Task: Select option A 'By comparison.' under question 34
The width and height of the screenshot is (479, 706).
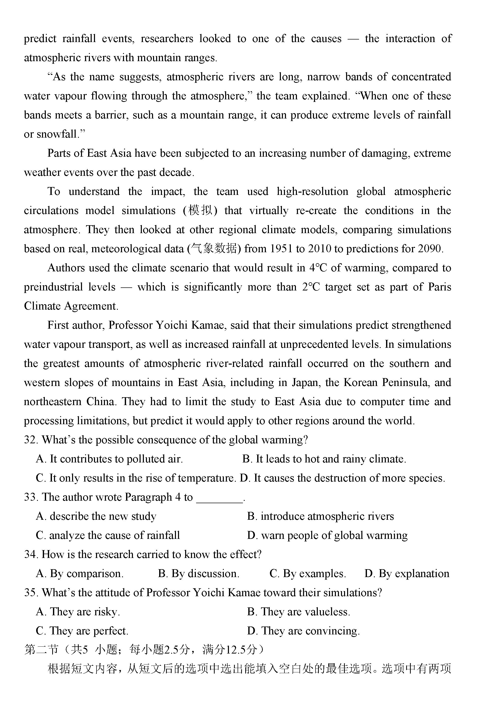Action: click(x=79, y=574)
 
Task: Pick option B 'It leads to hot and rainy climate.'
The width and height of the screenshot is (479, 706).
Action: click(x=324, y=459)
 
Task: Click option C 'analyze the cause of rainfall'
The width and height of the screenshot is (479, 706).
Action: click(x=108, y=535)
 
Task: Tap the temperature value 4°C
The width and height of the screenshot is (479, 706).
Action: click(x=318, y=268)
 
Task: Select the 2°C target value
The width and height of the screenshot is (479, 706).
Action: click(x=311, y=287)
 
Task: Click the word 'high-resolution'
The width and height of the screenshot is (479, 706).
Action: click(x=312, y=191)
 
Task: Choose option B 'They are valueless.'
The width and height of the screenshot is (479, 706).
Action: click(x=298, y=611)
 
